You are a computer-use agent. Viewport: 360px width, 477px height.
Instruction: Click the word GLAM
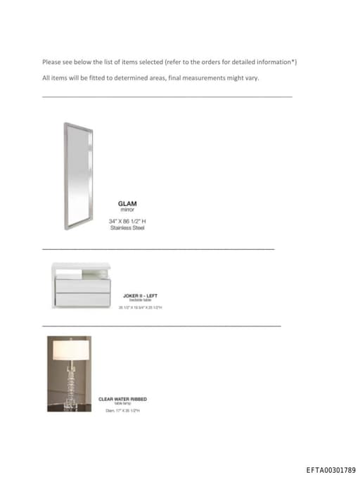coord(127,204)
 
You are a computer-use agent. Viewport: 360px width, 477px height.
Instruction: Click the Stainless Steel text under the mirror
coord(127,227)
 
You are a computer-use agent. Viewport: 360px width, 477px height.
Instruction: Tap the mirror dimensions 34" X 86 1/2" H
coord(127,221)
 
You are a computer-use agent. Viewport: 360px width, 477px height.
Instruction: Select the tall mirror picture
coord(77,176)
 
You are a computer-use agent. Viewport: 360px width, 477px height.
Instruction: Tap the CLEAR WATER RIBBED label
coord(122,399)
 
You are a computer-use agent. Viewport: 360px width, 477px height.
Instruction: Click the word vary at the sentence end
coord(252,78)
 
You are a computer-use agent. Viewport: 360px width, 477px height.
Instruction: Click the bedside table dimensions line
coord(141,307)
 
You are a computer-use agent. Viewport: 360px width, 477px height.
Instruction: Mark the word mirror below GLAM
coord(127,210)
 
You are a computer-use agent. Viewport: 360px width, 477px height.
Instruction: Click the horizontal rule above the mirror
coord(167,96)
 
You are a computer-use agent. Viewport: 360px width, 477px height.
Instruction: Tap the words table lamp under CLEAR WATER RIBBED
coord(122,404)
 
